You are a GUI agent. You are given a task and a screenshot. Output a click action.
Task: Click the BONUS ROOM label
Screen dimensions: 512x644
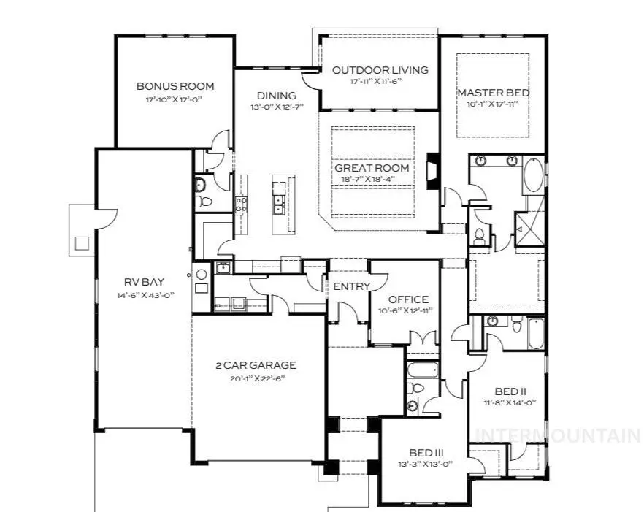click(x=175, y=86)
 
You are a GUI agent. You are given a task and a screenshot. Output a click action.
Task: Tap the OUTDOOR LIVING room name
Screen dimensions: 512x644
click(x=380, y=70)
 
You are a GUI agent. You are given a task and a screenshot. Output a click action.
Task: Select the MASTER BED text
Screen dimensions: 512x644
click(x=493, y=93)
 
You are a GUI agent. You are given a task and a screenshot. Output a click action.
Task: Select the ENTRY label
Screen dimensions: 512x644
click(x=352, y=286)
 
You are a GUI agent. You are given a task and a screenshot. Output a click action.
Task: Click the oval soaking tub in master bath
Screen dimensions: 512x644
click(x=533, y=176)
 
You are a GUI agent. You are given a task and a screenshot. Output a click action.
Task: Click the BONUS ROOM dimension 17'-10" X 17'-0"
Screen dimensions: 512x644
click(x=175, y=100)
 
